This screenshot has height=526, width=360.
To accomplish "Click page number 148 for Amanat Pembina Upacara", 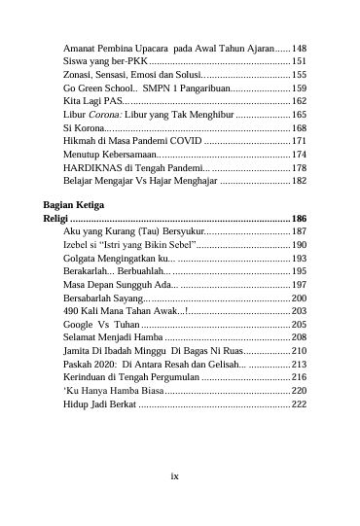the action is point(300,48).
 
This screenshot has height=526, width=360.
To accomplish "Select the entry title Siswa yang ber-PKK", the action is point(97,61).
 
